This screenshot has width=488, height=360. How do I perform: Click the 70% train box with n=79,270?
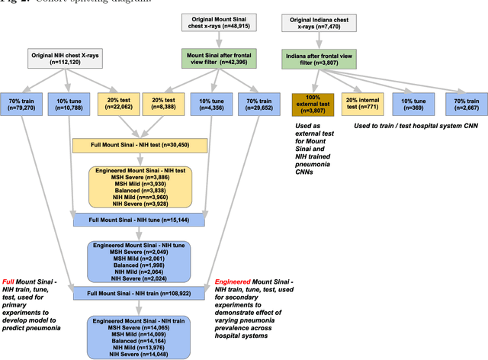[22, 104]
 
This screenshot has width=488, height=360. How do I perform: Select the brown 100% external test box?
[313, 104]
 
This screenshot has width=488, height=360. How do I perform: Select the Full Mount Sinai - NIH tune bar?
[141, 220]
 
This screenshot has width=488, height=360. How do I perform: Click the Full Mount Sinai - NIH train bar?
[141, 293]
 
